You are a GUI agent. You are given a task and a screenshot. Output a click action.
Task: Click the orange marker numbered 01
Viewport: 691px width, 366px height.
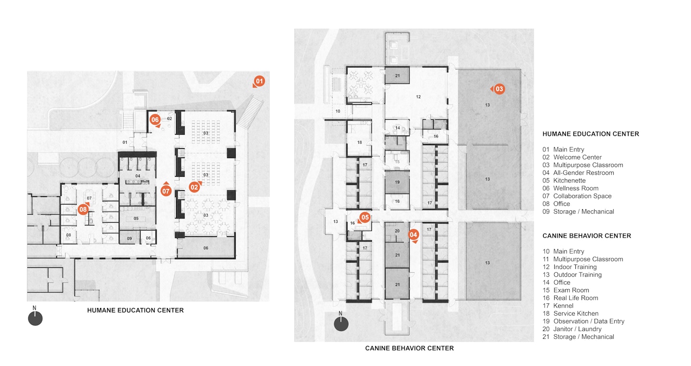pos(260,81)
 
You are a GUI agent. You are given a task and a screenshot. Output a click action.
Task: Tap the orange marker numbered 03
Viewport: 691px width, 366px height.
pos(499,89)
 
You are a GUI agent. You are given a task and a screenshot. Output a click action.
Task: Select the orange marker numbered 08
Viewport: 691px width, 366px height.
pos(83,209)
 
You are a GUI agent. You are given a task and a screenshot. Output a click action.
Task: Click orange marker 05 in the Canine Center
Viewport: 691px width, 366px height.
pos(365,217)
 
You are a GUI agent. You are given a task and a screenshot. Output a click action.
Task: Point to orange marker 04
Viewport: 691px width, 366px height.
pos(413,235)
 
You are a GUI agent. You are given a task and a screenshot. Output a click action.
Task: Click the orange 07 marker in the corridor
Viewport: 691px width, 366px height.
pos(166,191)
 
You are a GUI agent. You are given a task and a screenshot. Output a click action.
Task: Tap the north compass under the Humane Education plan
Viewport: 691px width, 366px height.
pos(35,318)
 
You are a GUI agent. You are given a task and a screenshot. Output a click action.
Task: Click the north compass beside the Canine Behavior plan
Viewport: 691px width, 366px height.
pos(341,324)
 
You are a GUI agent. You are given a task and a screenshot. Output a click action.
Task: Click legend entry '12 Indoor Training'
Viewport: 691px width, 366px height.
pos(570,267)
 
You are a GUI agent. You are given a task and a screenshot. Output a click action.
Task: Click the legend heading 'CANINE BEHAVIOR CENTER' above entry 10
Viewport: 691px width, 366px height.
pos(586,236)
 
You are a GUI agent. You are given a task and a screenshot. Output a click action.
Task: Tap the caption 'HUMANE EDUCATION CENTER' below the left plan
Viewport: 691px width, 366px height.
pos(135,310)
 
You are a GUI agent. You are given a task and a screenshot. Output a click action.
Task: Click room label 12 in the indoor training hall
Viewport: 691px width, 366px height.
pos(418,97)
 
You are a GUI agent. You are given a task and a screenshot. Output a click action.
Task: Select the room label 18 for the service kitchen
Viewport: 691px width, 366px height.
pos(359,143)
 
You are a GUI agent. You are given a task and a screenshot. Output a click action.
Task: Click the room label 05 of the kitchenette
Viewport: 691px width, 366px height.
pos(136,218)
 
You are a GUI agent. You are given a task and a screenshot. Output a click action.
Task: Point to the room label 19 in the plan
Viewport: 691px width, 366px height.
pos(397,182)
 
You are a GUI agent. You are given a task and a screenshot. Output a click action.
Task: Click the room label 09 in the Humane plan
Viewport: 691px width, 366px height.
pos(129,238)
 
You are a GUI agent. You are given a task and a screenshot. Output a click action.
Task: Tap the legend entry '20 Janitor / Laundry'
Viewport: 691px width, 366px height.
pos(572,329)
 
